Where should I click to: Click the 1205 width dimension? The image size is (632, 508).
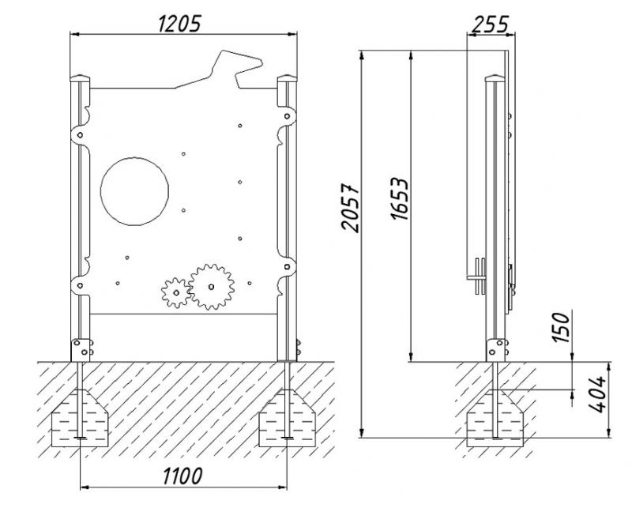(x=179, y=24)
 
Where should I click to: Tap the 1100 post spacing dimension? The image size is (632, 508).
(x=182, y=476)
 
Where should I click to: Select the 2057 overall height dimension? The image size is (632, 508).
(x=350, y=208)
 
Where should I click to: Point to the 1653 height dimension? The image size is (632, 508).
(x=400, y=198)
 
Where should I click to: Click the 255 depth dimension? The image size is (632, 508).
(x=490, y=24)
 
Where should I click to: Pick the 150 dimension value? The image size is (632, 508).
(x=562, y=327)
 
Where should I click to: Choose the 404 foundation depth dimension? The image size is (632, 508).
(x=597, y=394)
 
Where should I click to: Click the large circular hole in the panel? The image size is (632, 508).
(x=134, y=191)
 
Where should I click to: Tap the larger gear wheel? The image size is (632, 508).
(x=211, y=287)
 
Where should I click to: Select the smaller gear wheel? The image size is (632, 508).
(x=176, y=292)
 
